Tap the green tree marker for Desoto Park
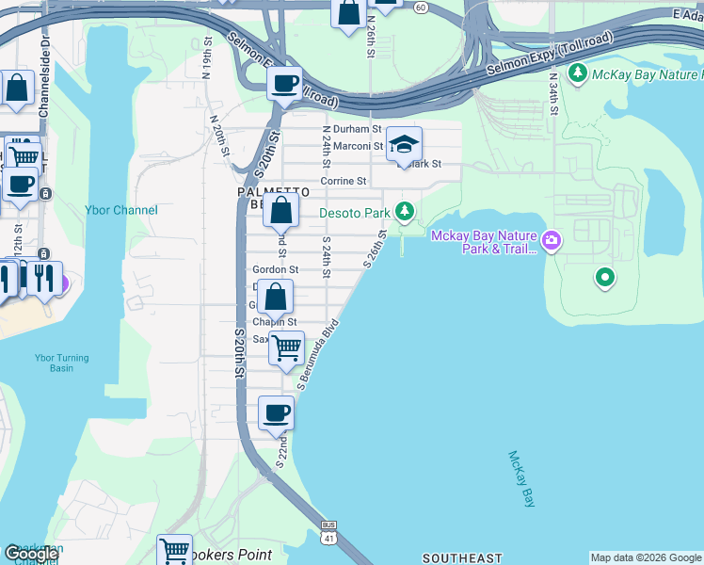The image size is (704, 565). tap(405, 210)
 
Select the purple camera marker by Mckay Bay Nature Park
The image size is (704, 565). tap(551, 242)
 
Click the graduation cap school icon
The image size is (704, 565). tap(404, 144)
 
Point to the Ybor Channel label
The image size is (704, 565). tap(121, 210)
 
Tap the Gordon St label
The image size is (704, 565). tap(275, 269)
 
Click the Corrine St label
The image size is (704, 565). tap(343, 181)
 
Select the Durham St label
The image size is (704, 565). tap(357, 129)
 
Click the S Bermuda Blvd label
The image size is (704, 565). tap(317, 359)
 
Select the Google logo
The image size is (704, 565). tap(31, 554)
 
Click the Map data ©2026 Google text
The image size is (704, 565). tap(645, 557)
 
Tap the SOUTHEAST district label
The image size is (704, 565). tap(462, 558)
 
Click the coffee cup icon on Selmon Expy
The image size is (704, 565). tap(283, 84)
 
